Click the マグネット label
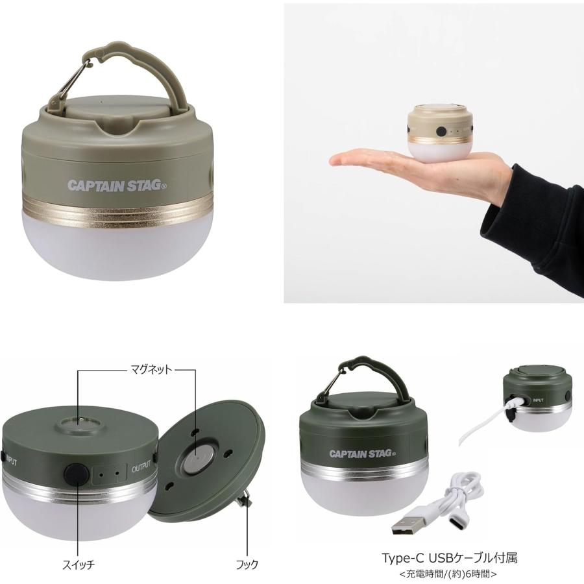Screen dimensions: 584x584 (151, 369)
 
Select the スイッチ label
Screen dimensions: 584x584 (79, 565)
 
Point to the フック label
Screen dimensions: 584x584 (247, 565)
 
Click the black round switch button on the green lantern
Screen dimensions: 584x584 (77, 474)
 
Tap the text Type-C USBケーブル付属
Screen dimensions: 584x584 (450, 558)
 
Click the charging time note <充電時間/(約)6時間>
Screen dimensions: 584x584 (448, 574)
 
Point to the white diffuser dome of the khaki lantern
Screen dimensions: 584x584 (117, 246)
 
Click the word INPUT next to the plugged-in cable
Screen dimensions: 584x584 (538, 400)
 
